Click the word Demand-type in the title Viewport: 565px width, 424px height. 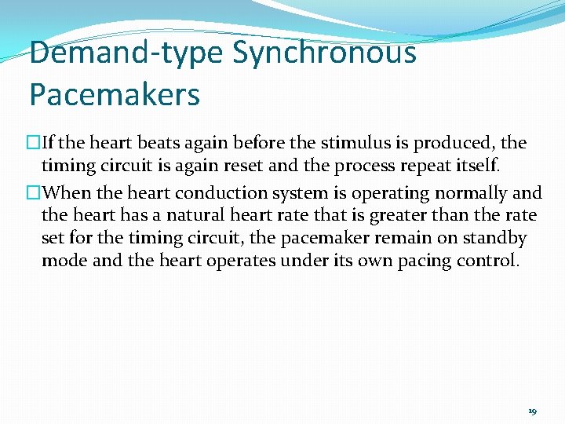127,53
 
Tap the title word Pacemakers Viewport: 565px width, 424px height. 115,95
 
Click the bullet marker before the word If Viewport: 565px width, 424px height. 34,144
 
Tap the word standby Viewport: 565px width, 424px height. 499,238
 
